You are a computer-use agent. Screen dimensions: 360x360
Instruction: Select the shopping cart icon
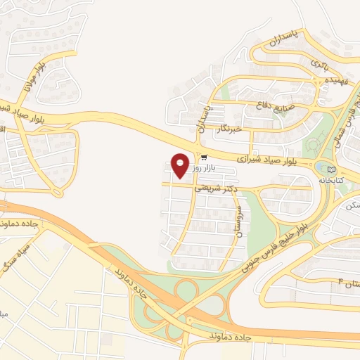tap(204, 157)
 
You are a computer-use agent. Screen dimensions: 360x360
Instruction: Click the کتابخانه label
tap(332, 180)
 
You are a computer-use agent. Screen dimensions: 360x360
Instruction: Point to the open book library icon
tap(332, 169)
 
